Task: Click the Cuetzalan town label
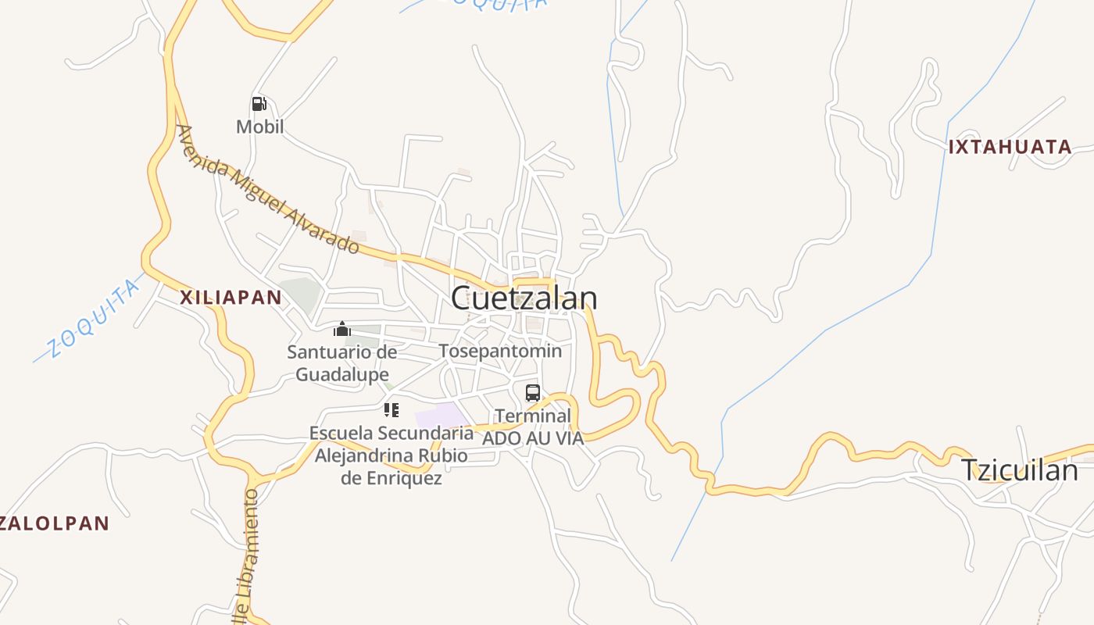click(524, 298)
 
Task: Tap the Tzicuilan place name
click(1018, 470)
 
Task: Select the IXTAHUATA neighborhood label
click(1009, 147)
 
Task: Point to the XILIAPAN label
click(231, 298)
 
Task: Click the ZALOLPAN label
click(53, 523)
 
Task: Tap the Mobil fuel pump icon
click(259, 104)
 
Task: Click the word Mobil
click(259, 127)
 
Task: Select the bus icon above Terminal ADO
click(533, 393)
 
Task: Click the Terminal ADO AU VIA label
click(533, 427)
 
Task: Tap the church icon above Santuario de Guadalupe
click(341, 329)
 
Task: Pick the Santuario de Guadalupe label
click(341, 363)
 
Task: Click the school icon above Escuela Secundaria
click(391, 410)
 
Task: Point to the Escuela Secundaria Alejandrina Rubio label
click(391, 455)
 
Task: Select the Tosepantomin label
click(500, 351)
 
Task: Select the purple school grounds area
click(438, 416)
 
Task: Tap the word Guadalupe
click(341, 375)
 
